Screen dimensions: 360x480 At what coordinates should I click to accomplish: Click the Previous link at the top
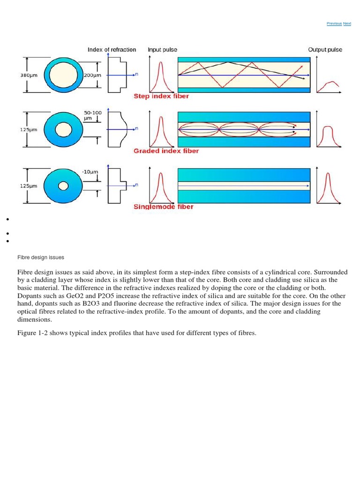(x=334, y=23)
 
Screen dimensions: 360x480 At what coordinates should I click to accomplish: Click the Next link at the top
(x=347, y=23)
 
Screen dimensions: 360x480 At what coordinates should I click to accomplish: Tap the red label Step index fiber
(x=161, y=97)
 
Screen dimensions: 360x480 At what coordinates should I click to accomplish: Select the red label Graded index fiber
(x=166, y=151)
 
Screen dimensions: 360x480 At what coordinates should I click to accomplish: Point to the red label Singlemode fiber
(x=163, y=207)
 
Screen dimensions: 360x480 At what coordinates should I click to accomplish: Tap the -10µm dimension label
(x=90, y=172)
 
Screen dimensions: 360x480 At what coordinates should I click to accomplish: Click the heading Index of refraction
(x=112, y=50)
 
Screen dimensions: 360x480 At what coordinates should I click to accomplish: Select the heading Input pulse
(x=162, y=50)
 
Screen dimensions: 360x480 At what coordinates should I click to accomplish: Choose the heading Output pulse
(x=325, y=50)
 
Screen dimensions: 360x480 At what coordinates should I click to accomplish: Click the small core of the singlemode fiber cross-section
(x=63, y=186)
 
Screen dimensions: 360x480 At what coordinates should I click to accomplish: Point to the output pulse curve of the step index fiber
(x=331, y=84)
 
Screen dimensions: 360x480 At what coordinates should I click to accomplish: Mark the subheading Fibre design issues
(x=41, y=257)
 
